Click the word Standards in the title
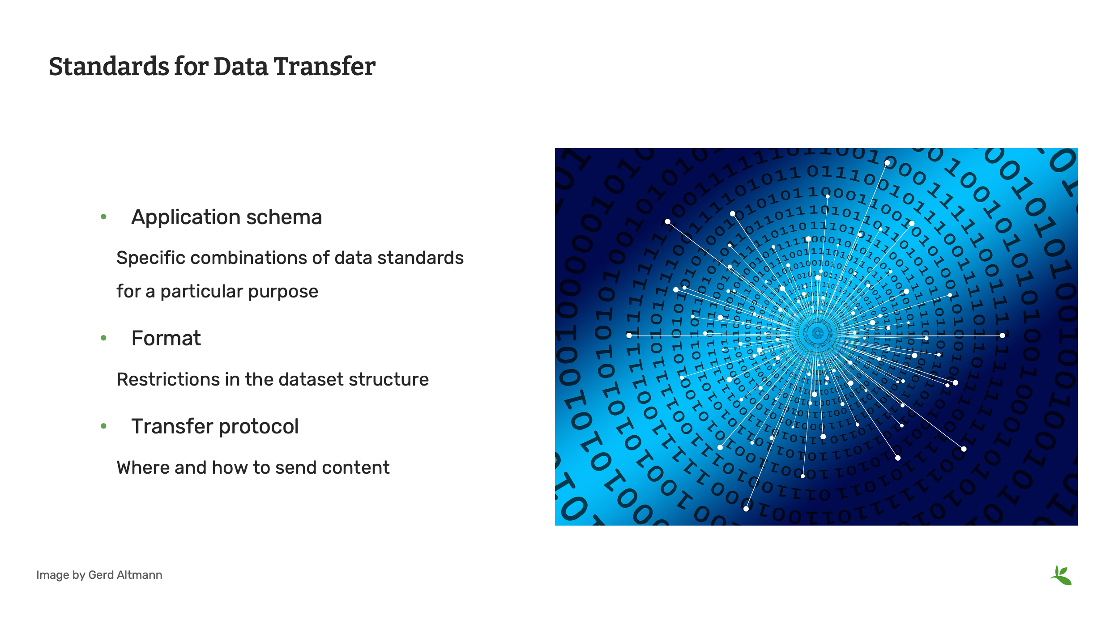[x=109, y=66]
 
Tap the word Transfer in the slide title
[x=324, y=66]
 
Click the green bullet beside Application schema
[x=104, y=217]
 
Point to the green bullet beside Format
[x=104, y=338]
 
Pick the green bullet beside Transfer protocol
[x=104, y=426]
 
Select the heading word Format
[x=166, y=338]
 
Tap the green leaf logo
[x=1061, y=575]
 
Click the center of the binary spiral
[x=817, y=333]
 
